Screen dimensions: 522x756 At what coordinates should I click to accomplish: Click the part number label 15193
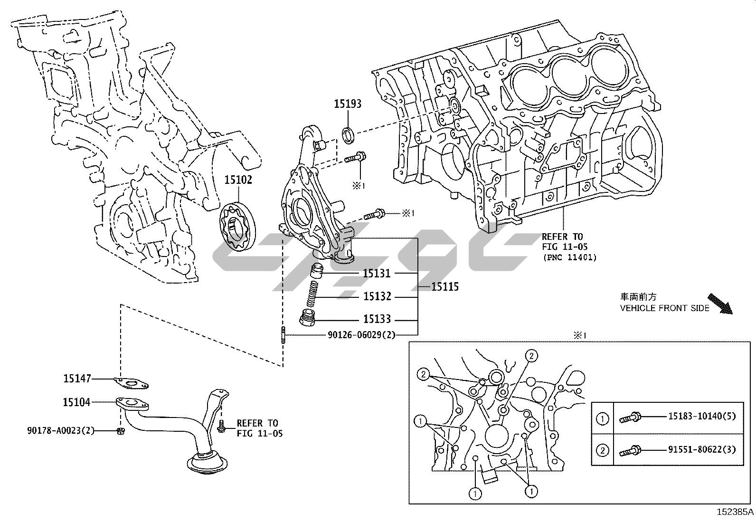pos(348,104)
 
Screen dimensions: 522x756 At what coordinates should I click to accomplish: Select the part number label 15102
pos(238,180)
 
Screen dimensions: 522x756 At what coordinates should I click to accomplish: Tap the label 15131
pos(377,273)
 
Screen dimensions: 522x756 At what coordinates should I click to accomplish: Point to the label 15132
pos(377,296)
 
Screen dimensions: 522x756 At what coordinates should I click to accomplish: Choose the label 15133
pos(377,320)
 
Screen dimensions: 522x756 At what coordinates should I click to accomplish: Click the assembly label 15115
pos(445,287)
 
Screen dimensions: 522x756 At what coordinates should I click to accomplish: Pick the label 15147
pos(77,379)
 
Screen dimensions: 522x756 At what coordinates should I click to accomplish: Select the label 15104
pos(77,402)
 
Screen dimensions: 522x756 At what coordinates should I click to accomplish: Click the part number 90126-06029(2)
pos(361,335)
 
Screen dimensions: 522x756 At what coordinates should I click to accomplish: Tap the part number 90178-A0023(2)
pos(61,431)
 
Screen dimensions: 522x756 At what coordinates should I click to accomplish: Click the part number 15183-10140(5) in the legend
pos(702,417)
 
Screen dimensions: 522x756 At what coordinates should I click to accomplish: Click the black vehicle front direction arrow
pos(720,304)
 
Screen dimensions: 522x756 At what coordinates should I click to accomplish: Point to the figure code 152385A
pos(735,512)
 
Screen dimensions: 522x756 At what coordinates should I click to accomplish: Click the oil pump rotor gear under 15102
pos(238,227)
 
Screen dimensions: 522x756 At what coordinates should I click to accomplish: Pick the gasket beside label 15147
pos(132,382)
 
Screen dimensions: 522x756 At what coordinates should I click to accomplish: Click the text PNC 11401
pos(570,257)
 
